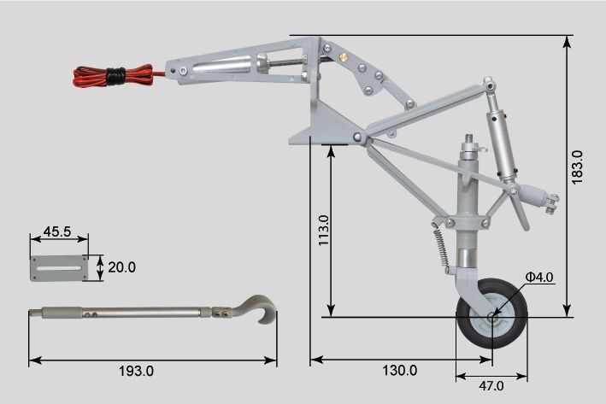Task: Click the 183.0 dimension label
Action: click(576, 167)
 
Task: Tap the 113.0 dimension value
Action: click(323, 231)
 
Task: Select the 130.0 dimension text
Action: click(400, 371)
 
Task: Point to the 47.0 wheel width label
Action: click(491, 385)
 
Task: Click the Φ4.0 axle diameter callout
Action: click(539, 277)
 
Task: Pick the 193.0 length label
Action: click(136, 371)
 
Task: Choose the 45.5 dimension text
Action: click(57, 231)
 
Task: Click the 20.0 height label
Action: click(121, 267)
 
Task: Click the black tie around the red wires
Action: click(116, 76)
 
